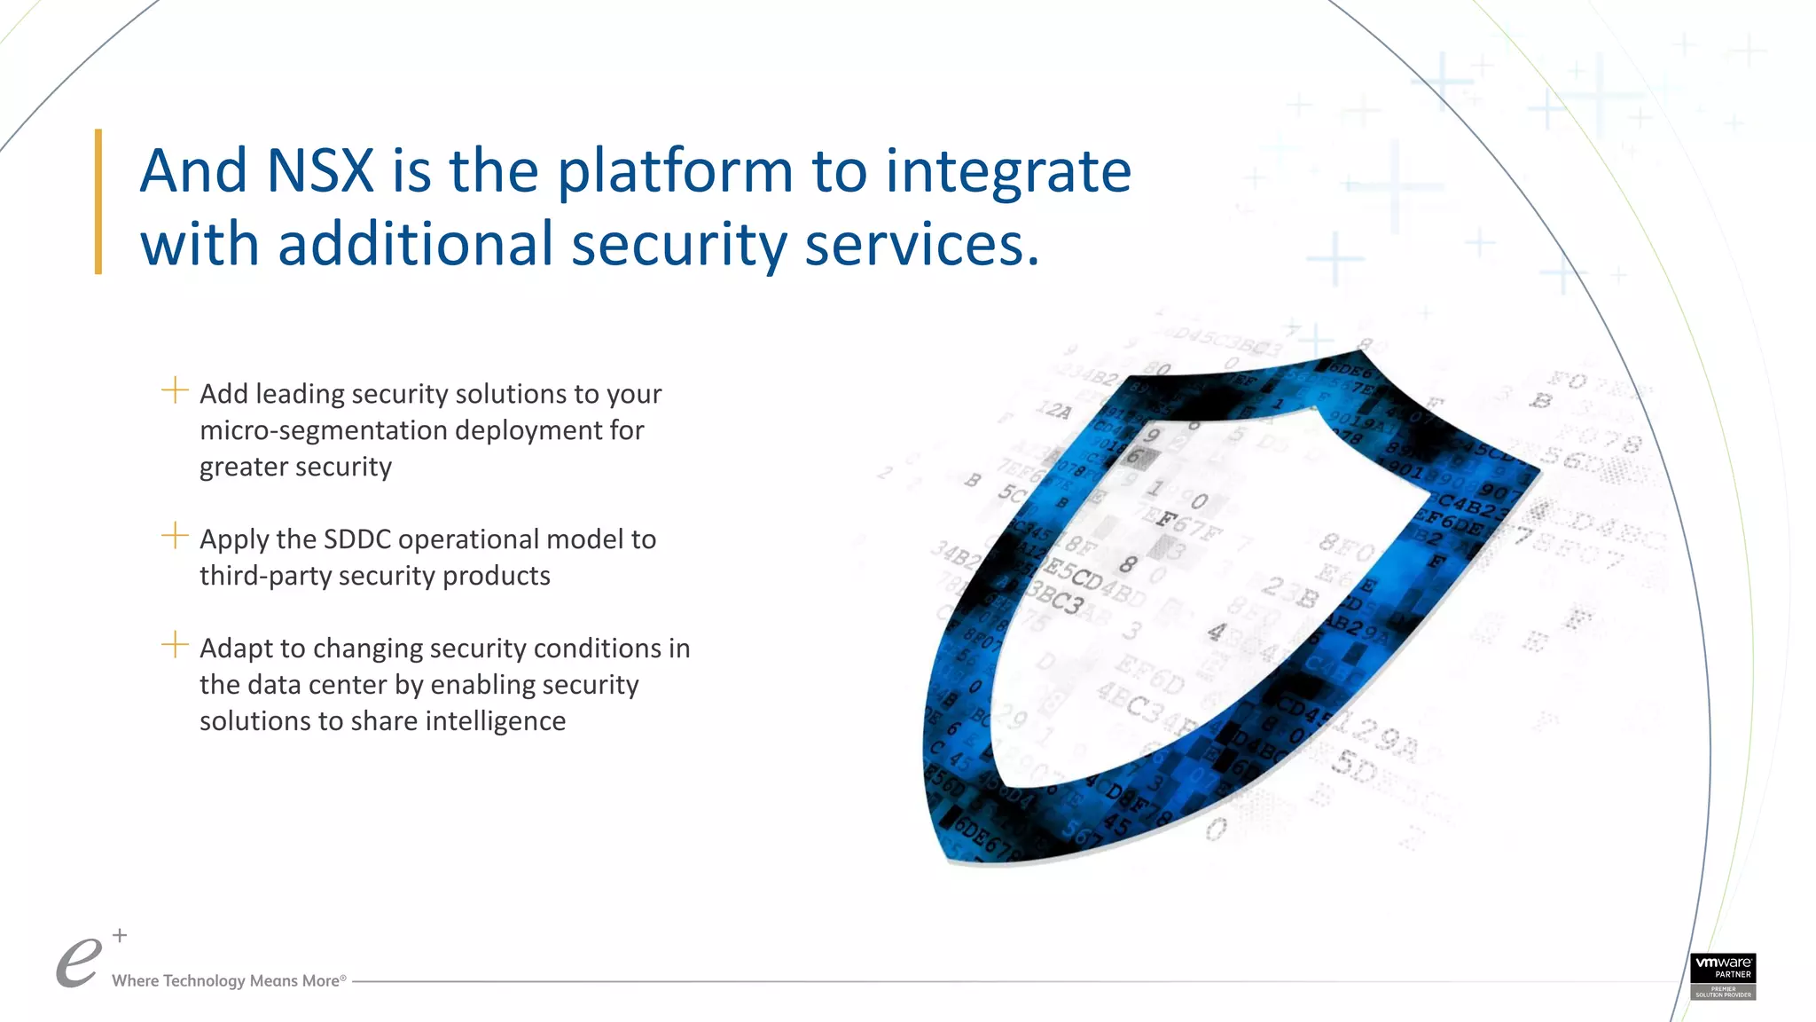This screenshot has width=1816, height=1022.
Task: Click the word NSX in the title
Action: click(x=319, y=171)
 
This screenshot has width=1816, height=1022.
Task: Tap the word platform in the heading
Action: click(x=674, y=173)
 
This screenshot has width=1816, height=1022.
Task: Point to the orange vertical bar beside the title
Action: click(x=98, y=201)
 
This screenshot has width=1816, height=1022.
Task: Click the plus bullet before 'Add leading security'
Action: click(x=175, y=390)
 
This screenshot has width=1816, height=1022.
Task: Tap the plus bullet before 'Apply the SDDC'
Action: click(x=175, y=536)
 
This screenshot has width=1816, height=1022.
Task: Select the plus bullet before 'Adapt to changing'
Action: click(x=175, y=645)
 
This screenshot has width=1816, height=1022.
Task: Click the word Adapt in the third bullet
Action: click(x=235, y=649)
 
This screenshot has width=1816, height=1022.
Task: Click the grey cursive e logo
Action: click(x=78, y=963)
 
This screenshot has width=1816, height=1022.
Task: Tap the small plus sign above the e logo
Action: click(x=120, y=935)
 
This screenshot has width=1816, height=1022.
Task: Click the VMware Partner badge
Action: click(x=1722, y=976)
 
